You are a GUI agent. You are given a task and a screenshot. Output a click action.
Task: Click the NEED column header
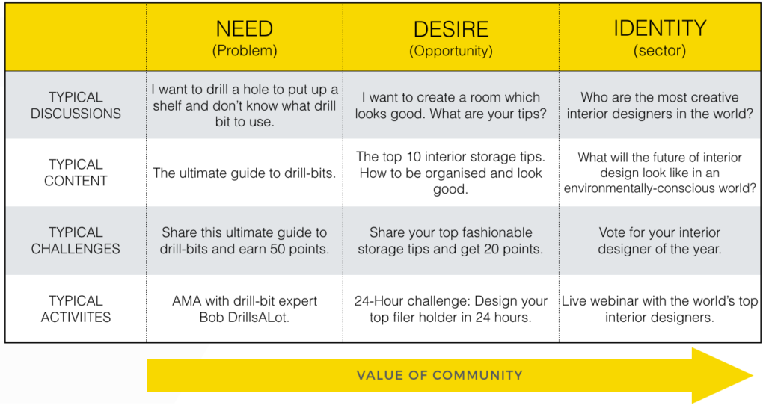(x=245, y=29)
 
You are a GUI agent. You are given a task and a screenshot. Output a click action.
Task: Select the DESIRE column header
(x=450, y=29)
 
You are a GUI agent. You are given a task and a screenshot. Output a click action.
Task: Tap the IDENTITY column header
(x=659, y=28)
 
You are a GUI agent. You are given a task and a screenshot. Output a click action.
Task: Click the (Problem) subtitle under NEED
(x=245, y=51)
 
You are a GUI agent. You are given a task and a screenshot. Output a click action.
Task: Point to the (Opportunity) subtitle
(x=450, y=51)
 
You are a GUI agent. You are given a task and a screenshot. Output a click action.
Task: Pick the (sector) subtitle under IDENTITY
(x=659, y=51)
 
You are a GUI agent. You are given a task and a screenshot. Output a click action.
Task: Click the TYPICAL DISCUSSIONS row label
(x=76, y=105)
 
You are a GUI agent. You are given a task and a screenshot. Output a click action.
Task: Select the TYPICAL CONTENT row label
(x=76, y=173)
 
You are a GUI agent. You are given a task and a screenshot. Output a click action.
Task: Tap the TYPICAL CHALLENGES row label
(x=76, y=241)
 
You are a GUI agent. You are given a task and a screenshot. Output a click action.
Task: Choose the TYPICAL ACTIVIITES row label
(x=76, y=309)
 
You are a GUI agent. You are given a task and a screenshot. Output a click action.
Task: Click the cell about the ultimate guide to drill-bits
(x=245, y=173)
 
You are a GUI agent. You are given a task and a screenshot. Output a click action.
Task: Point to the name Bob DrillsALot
(x=245, y=317)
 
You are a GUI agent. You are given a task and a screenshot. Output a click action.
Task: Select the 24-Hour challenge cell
(x=450, y=309)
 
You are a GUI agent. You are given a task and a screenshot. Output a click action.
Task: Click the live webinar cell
(x=659, y=309)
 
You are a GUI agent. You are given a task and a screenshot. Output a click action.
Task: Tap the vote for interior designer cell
(x=659, y=241)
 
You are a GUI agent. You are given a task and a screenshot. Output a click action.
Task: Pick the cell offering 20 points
(x=450, y=241)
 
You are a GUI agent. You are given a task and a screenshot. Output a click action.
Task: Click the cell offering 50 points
(x=245, y=241)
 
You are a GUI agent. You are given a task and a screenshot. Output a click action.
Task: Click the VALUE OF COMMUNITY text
(x=439, y=375)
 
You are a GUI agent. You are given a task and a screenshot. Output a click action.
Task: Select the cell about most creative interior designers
(x=659, y=105)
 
